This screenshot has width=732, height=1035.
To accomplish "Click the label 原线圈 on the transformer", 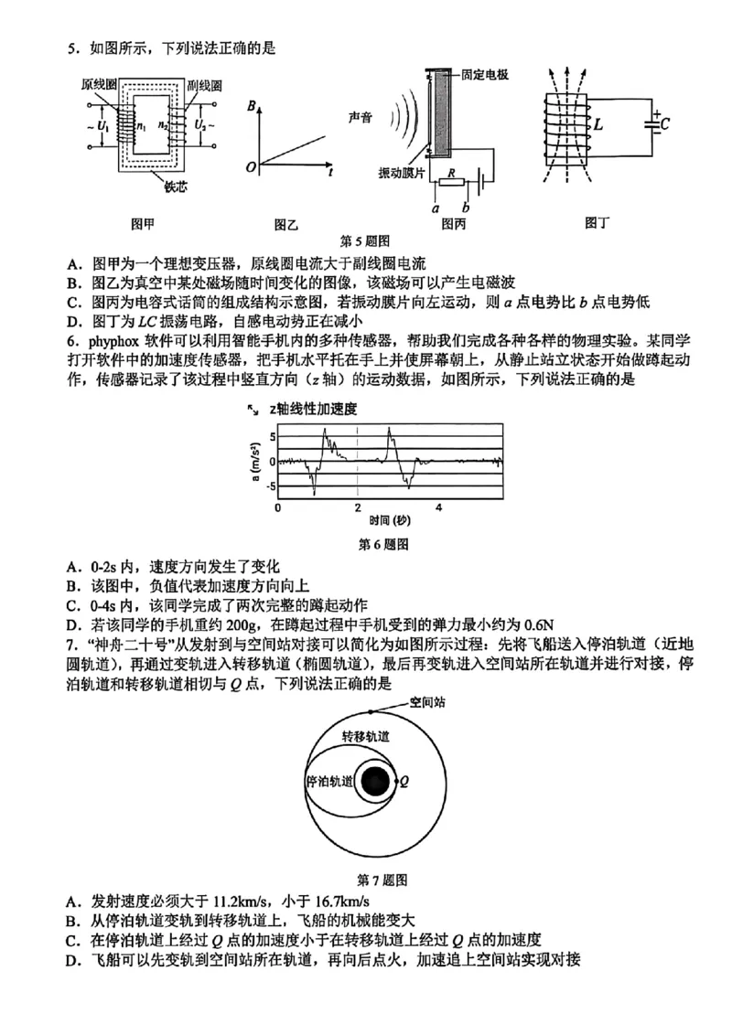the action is coord(98,84).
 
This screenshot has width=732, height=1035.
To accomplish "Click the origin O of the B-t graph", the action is coord(251,167).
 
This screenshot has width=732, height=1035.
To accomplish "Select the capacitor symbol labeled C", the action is coord(655,123).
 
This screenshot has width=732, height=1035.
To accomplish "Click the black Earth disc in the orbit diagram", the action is coord(373,782).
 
